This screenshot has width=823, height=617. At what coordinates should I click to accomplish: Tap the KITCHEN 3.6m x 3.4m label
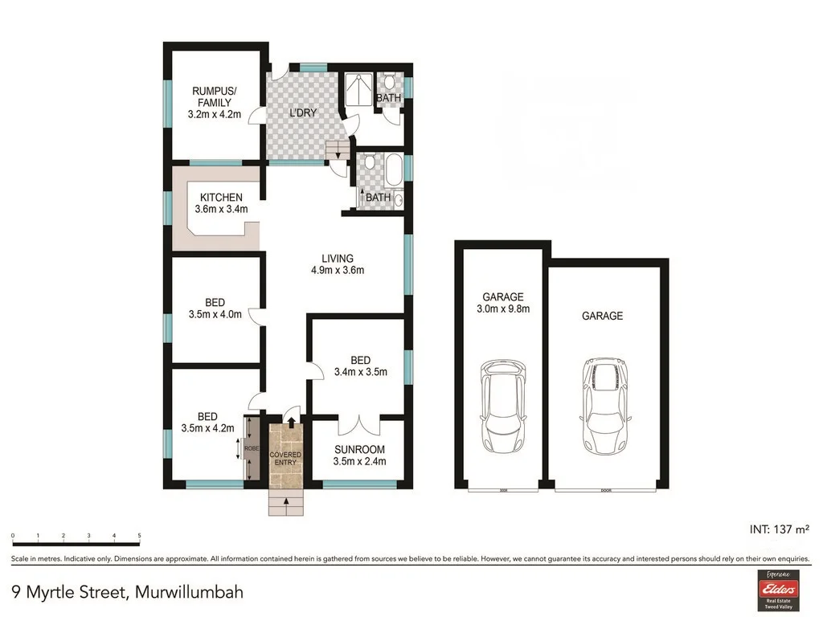(221, 203)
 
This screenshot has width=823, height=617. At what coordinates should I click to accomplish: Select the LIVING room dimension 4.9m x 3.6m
(338, 271)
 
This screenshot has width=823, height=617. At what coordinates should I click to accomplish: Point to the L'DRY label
(303, 113)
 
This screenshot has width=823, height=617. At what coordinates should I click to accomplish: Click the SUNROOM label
(359, 449)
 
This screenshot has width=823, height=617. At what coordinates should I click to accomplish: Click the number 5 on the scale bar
(140, 535)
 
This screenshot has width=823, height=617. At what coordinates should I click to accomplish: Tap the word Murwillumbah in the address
(189, 593)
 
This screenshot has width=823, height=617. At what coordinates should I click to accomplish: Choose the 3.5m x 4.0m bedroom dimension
(215, 314)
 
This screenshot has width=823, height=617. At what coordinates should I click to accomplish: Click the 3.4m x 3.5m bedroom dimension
(361, 371)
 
